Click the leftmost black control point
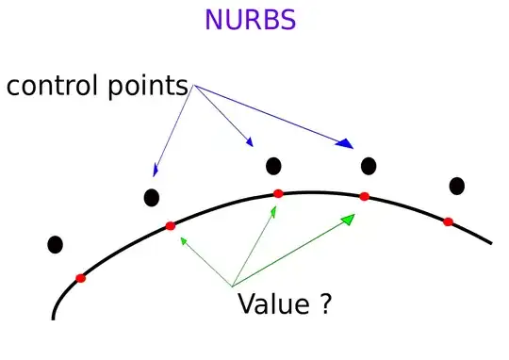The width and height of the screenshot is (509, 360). [x=55, y=245]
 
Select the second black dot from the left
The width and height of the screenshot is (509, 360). [x=151, y=198]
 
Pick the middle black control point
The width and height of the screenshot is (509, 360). [x=273, y=167]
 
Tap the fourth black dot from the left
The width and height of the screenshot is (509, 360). [x=369, y=167]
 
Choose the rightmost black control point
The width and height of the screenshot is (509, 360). [x=457, y=187]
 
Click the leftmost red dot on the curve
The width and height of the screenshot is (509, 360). [x=81, y=278]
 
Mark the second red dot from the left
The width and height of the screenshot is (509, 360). [x=171, y=225]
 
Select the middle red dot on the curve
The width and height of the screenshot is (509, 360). [x=278, y=194]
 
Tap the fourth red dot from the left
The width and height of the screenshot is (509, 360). [x=365, y=197]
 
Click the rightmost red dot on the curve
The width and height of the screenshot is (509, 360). [x=449, y=221]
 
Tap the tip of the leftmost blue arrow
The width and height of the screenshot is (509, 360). [x=154, y=176]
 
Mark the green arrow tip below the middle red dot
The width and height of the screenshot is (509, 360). [x=274, y=205]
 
